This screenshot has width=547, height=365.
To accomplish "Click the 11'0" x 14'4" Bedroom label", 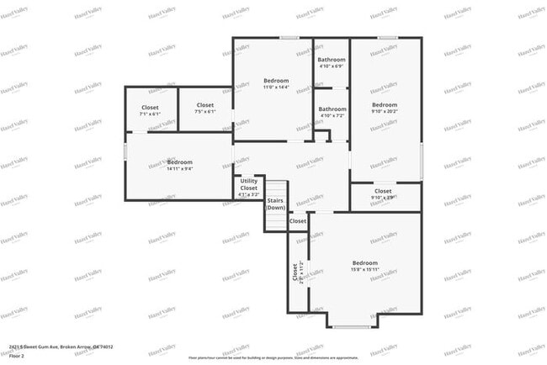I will [276, 83].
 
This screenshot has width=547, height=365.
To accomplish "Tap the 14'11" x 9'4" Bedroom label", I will [179, 165].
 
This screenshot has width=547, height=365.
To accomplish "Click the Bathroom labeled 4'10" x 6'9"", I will [332, 62].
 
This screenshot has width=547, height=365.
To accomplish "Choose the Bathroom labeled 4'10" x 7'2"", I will [332, 112].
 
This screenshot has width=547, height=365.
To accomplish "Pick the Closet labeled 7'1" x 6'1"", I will [150, 110].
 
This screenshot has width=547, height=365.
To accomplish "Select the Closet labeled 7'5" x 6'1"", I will [205, 108].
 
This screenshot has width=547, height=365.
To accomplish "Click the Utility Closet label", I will [249, 187].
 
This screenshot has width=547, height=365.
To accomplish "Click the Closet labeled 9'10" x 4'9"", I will [383, 193].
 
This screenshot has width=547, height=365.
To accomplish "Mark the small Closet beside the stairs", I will [298, 221].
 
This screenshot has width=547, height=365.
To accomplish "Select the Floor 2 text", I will [17, 356].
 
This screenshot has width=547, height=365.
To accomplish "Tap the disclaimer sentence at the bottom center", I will [273, 357].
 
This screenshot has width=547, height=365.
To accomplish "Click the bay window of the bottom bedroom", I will [352, 325].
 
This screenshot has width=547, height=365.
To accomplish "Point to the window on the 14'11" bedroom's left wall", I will [125, 152].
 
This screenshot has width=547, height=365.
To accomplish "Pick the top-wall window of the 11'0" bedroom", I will [289, 37].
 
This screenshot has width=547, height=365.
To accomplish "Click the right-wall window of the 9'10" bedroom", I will [421, 160].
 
